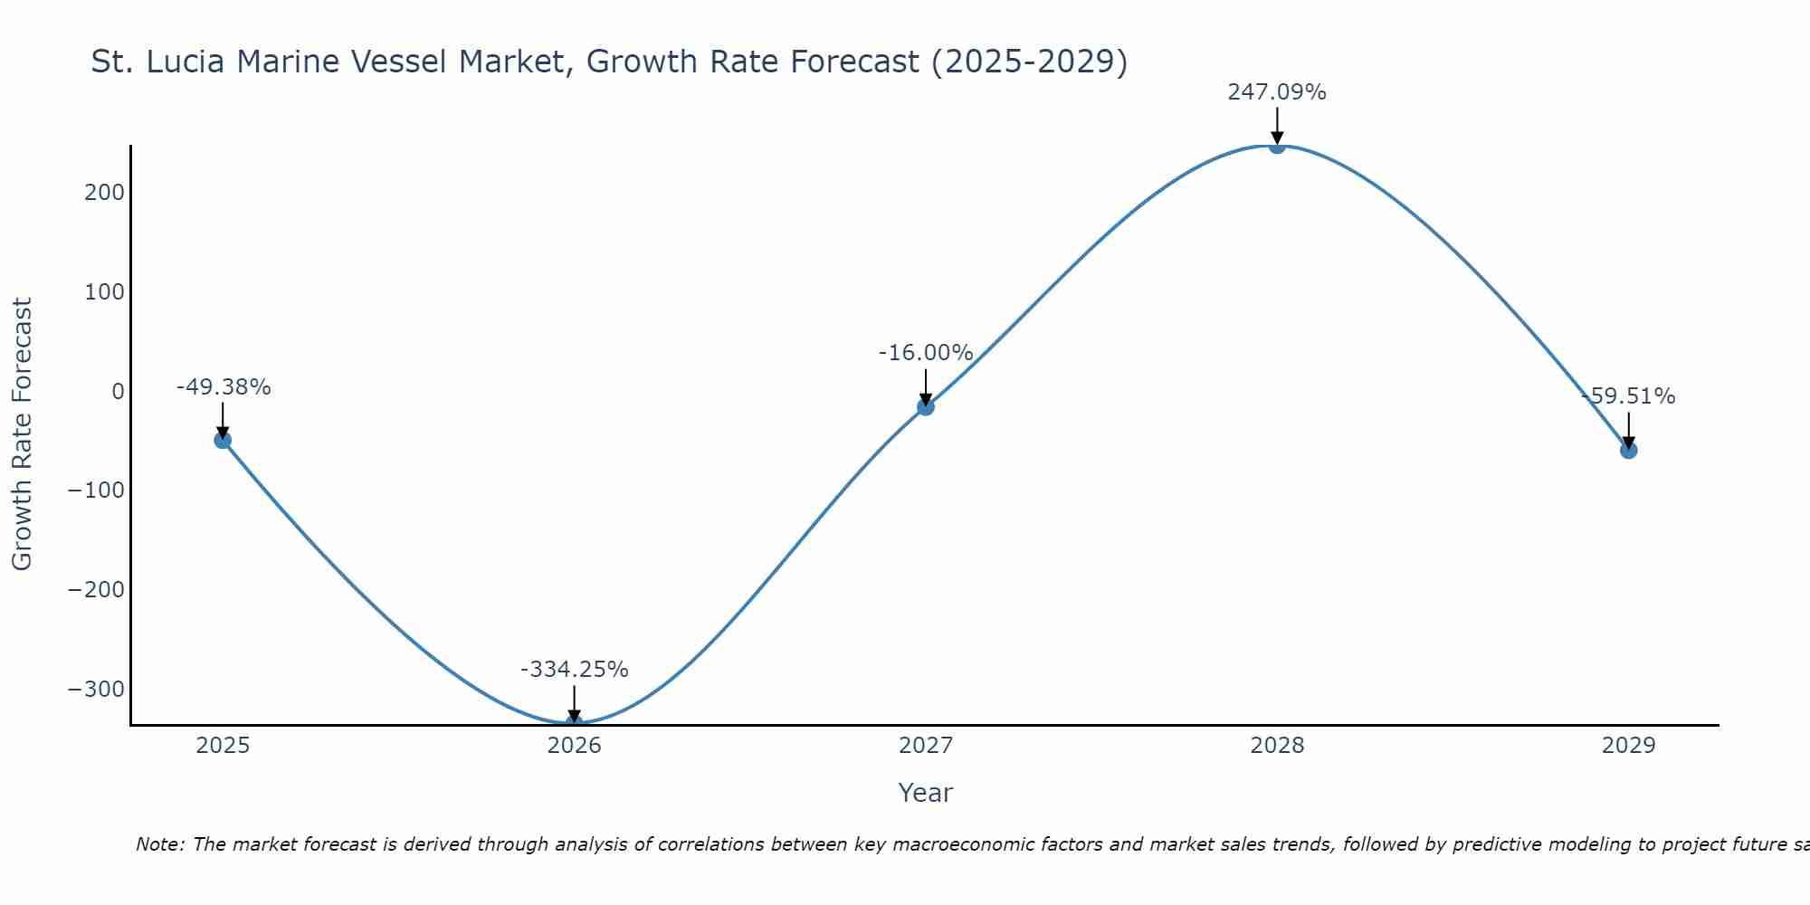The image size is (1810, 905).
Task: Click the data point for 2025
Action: (223, 440)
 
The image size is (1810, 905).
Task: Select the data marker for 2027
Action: (925, 407)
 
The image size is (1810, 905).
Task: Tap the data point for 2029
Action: (1628, 450)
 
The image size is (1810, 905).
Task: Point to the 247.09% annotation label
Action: (1276, 92)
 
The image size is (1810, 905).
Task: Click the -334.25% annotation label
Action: (574, 670)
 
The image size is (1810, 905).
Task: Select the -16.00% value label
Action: (925, 353)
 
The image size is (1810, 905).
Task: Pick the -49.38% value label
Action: (223, 387)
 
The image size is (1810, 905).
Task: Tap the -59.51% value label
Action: (1628, 396)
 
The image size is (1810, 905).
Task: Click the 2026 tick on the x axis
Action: (574, 746)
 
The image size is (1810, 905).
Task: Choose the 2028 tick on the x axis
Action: (1276, 746)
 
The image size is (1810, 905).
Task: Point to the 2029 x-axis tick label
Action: (1628, 746)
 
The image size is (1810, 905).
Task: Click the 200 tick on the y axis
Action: (105, 193)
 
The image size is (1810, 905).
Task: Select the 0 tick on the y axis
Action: (118, 391)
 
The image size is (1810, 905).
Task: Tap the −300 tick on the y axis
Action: (96, 689)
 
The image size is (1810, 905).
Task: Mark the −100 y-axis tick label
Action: (96, 491)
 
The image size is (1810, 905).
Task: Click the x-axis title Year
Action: (925, 793)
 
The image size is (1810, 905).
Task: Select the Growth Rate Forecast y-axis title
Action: (22, 433)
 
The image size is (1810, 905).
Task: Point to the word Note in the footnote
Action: (159, 844)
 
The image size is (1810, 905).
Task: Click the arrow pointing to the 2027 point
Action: (925, 386)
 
